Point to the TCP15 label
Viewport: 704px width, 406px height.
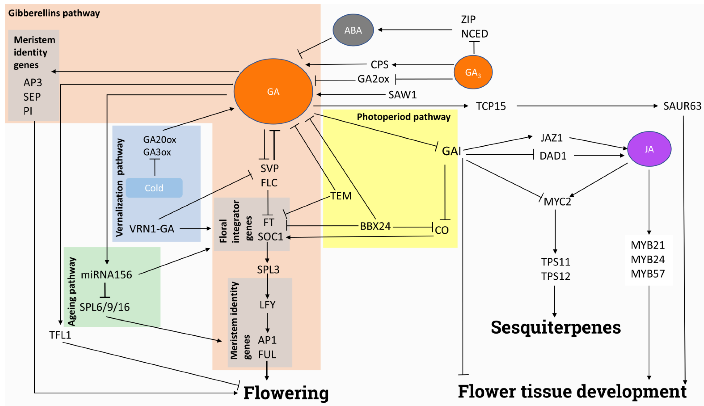coord(491,106)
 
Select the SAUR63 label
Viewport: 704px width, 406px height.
coord(682,106)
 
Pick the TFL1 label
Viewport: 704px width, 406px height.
coord(60,335)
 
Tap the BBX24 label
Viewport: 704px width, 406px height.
coord(375,226)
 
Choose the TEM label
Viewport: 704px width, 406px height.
coord(341,196)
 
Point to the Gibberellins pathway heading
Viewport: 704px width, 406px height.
coord(54,13)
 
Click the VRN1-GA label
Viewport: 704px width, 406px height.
coord(152,229)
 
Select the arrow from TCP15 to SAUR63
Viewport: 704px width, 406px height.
coord(587,106)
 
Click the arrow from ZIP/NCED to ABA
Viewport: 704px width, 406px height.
coord(415,29)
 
